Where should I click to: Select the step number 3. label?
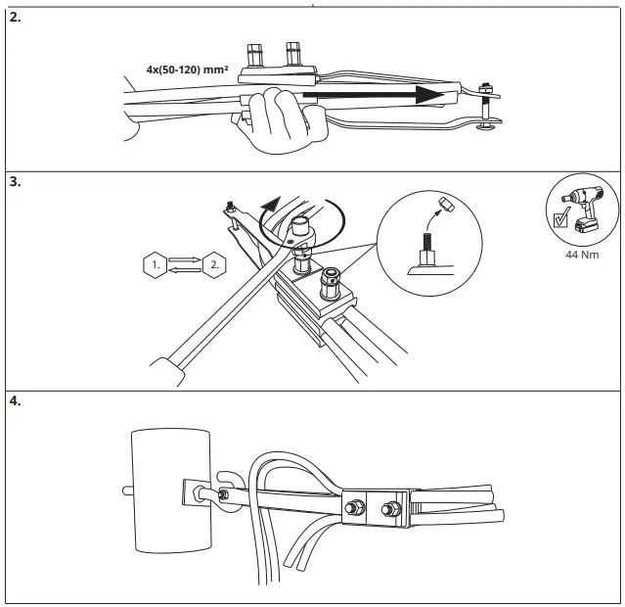(15, 181)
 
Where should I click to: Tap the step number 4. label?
(15, 400)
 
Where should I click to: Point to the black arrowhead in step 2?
(425, 95)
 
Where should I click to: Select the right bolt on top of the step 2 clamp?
(292, 53)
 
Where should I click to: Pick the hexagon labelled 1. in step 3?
(155, 263)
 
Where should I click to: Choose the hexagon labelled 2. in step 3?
(213, 263)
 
